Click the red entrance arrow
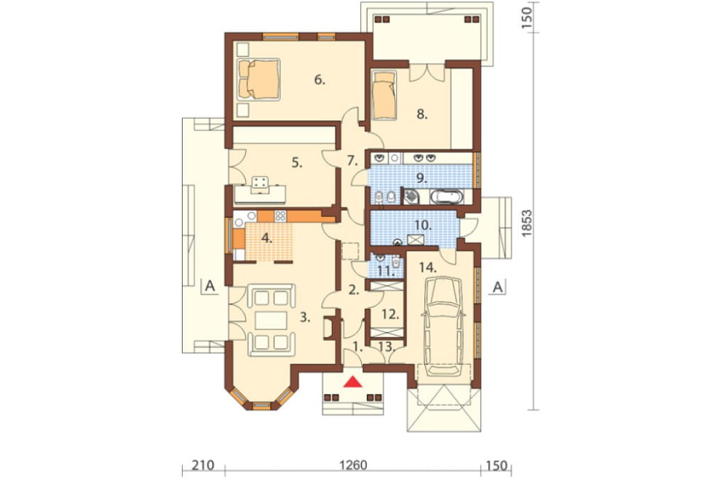click(x=355, y=382)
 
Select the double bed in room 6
click(x=259, y=79)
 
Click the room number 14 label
click(x=427, y=267)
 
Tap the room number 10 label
click(x=423, y=226)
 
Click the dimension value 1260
click(x=353, y=465)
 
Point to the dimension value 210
click(x=203, y=465)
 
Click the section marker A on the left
click(x=210, y=286)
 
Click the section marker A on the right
click(x=498, y=287)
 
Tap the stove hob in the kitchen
click(x=280, y=216)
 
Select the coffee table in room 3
click(x=272, y=320)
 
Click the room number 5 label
click(x=297, y=163)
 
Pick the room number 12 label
click(x=391, y=315)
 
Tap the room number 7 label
click(x=352, y=162)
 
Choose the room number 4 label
click(x=266, y=238)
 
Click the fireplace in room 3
click(x=329, y=328)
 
